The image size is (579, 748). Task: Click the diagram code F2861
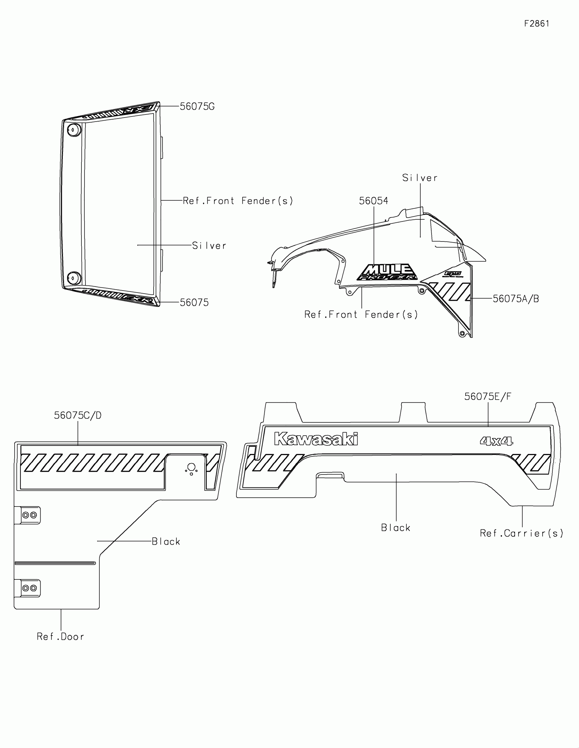click(x=536, y=24)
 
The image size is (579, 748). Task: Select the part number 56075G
click(x=197, y=107)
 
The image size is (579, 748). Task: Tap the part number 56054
click(x=373, y=201)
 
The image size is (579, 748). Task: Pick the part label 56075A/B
click(x=516, y=299)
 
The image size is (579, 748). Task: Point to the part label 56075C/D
click(x=78, y=415)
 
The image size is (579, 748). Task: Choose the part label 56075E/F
click(x=488, y=396)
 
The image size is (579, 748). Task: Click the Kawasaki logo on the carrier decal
click(x=316, y=439)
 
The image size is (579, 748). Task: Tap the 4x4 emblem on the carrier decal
click(x=496, y=441)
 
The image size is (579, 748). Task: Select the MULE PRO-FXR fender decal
click(x=387, y=272)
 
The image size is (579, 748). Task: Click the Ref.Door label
click(x=60, y=636)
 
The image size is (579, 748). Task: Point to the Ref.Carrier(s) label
click(x=521, y=533)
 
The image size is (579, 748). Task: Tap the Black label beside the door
click(x=166, y=542)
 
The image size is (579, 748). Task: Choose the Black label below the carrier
click(x=395, y=527)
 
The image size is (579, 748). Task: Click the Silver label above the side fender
click(x=420, y=178)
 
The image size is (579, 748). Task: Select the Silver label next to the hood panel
click(x=209, y=246)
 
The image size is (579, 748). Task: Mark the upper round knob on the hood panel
click(x=74, y=130)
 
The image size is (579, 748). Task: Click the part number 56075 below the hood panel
click(x=194, y=302)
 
